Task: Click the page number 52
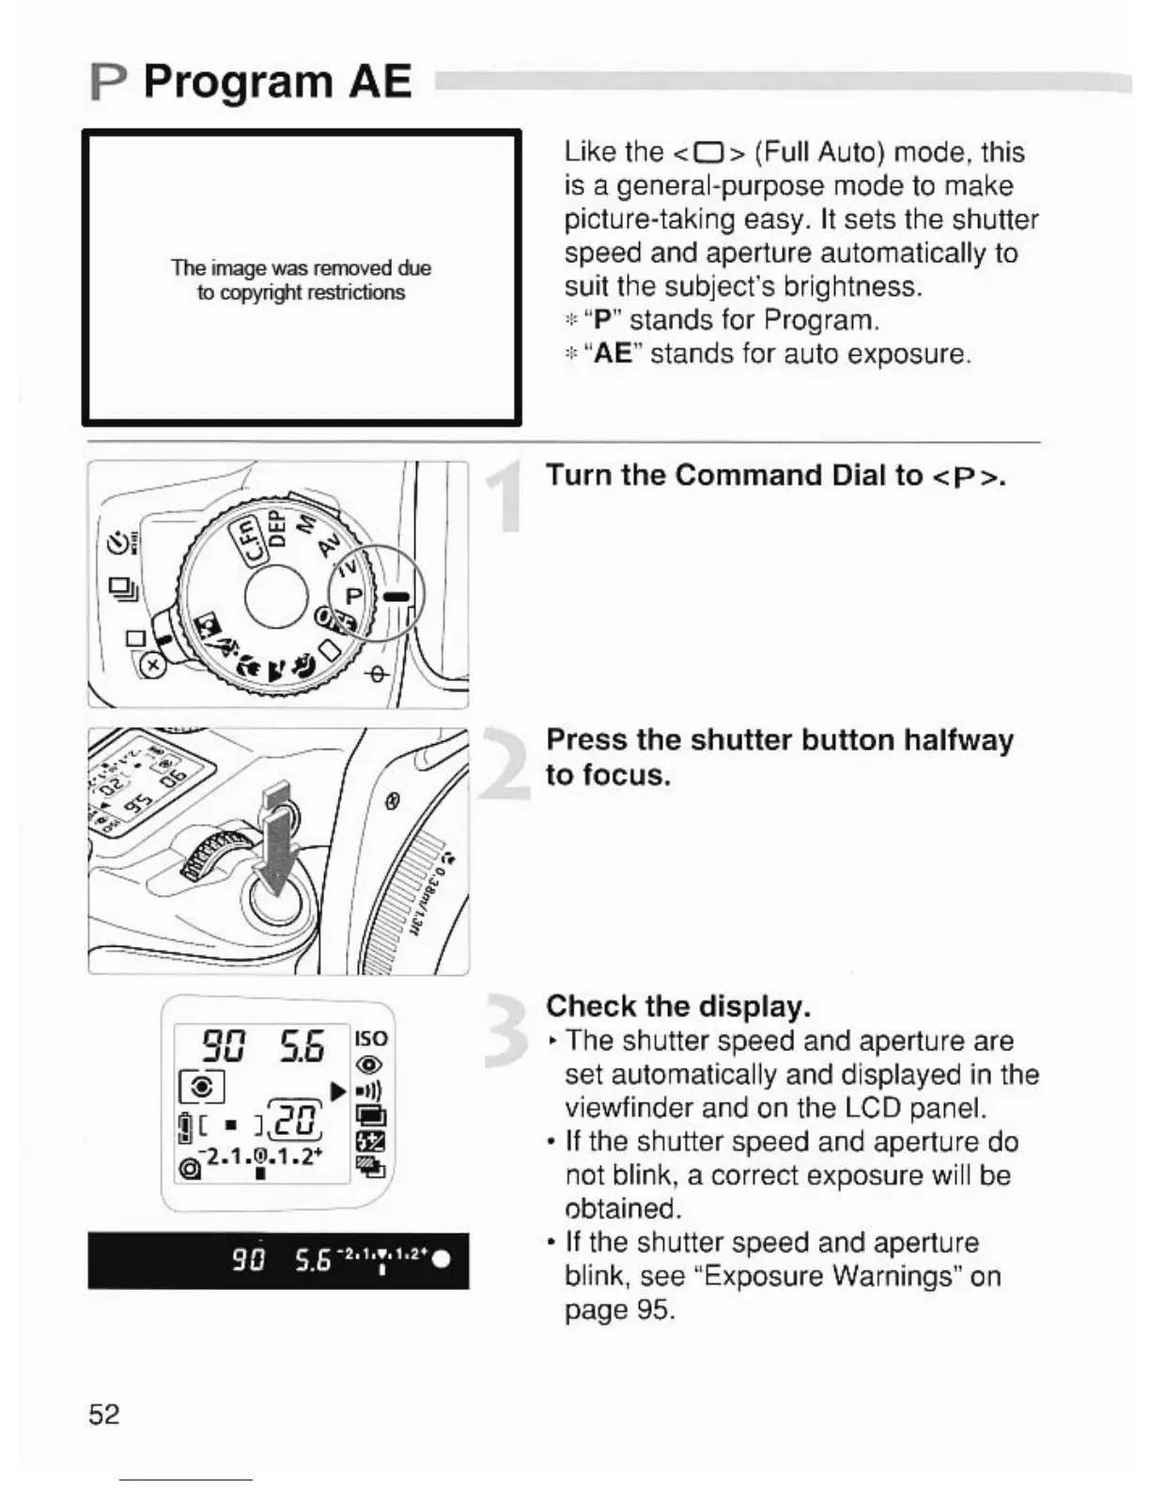click(x=103, y=1414)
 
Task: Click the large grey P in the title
click(x=109, y=83)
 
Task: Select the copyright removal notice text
click(x=301, y=280)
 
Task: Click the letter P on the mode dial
click(x=353, y=596)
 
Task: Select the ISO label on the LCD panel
click(x=370, y=1038)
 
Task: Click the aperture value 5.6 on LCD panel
click(x=302, y=1046)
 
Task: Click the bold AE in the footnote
click(x=613, y=354)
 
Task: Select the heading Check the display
click(x=677, y=1006)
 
